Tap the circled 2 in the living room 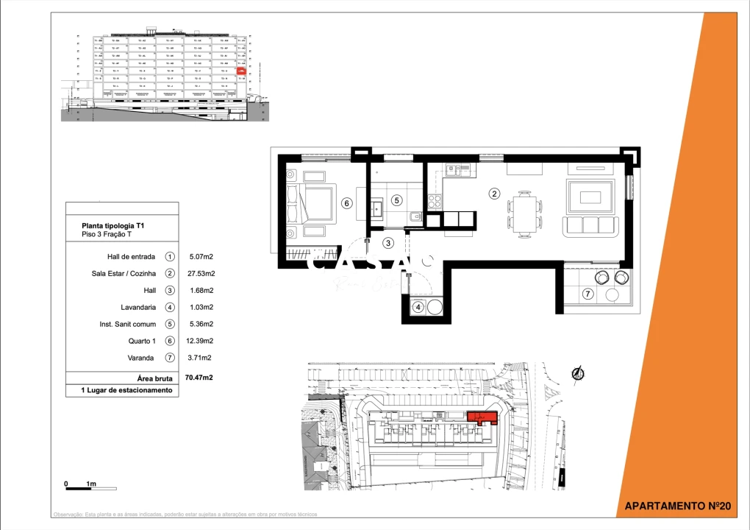(x=495, y=194)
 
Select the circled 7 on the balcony (x=587, y=294)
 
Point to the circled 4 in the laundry (x=418, y=307)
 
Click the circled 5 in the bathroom (x=396, y=199)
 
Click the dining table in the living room (x=525, y=213)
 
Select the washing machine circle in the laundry (x=435, y=306)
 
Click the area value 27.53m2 (x=201, y=274)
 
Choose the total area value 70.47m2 (x=199, y=377)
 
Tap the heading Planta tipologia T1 (x=118, y=226)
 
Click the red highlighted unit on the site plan (x=483, y=419)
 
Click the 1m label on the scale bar (x=91, y=484)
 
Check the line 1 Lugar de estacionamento (x=126, y=390)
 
